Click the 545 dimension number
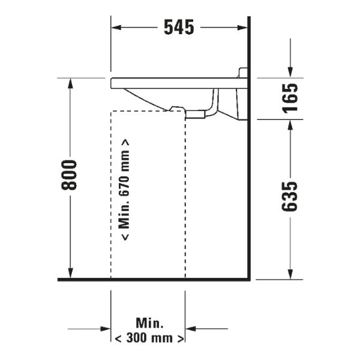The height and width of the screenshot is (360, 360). coord(179,28)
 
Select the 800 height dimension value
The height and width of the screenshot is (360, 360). coord(69,175)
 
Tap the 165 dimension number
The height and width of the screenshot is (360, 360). coord(290,98)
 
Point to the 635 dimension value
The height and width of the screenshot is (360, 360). coord(290,197)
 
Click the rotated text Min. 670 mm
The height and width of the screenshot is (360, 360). coord(124,190)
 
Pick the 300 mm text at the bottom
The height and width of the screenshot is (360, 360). coord(149,338)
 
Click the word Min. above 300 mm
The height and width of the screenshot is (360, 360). coord(149,323)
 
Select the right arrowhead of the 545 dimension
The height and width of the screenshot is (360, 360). coord(242,28)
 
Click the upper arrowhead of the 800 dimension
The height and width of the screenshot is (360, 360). coord(70,83)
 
